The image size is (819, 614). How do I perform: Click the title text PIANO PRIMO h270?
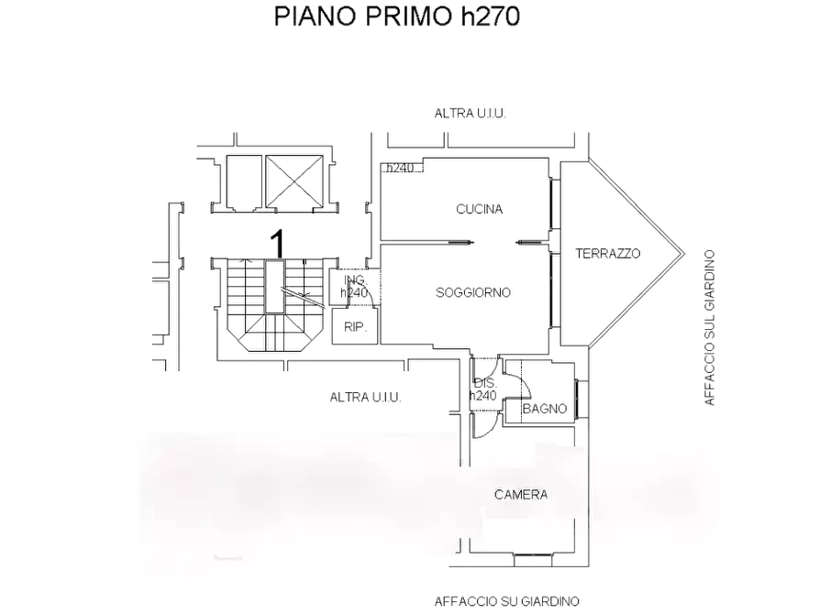click(x=397, y=16)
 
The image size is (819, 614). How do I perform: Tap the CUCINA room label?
click(x=479, y=209)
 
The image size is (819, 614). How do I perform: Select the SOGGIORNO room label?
click(x=473, y=292)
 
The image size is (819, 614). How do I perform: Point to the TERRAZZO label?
click(x=608, y=254)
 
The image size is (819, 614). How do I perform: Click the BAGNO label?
click(x=545, y=409)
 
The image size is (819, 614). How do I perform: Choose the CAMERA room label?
click(x=521, y=495)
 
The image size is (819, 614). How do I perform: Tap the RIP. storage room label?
click(x=355, y=327)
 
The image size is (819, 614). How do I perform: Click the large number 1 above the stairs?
click(x=279, y=243)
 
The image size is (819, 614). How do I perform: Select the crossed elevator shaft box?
click(x=294, y=181)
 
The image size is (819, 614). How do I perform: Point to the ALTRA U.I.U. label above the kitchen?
click(x=470, y=114)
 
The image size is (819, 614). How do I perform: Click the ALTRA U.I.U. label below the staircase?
click(x=366, y=398)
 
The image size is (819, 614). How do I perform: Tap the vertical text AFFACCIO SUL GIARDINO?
click(x=709, y=328)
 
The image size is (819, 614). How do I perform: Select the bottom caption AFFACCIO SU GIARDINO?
click(x=506, y=601)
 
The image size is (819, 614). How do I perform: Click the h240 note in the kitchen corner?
click(x=400, y=168)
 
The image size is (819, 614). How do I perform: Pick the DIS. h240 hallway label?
click(x=483, y=389)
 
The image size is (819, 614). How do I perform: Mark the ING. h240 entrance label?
click(x=355, y=287)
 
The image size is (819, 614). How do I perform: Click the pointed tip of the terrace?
click(x=684, y=254)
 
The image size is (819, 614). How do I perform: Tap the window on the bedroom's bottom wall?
click(x=533, y=560)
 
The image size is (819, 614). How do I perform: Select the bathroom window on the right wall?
click(x=579, y=400)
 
